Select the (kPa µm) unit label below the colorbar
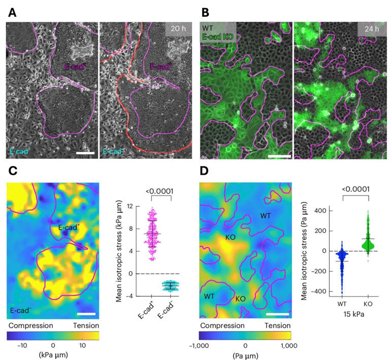click(53, 354)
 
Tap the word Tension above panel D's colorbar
click(278, 325)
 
